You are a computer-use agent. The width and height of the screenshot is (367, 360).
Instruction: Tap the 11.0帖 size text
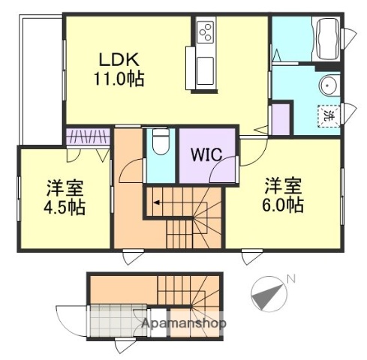point(119,77)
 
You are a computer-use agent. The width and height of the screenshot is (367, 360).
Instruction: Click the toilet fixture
point(159,141)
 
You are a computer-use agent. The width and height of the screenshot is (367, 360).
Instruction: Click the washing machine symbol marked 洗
point(329,117)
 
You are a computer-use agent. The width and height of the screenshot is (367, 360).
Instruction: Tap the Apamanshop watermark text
point(185,324)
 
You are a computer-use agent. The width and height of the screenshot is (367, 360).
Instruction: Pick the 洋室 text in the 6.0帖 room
point(281,185)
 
